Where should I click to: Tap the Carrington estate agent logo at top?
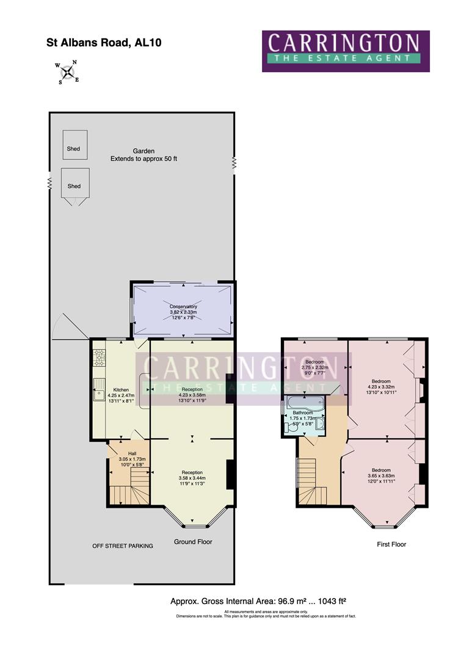tap(346, 51)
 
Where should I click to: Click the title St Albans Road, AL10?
tap(104, 43)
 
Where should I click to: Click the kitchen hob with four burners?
tap(98, 358)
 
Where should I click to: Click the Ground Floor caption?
tap(193, 542)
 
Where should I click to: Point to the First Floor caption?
tap(391, 544)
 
